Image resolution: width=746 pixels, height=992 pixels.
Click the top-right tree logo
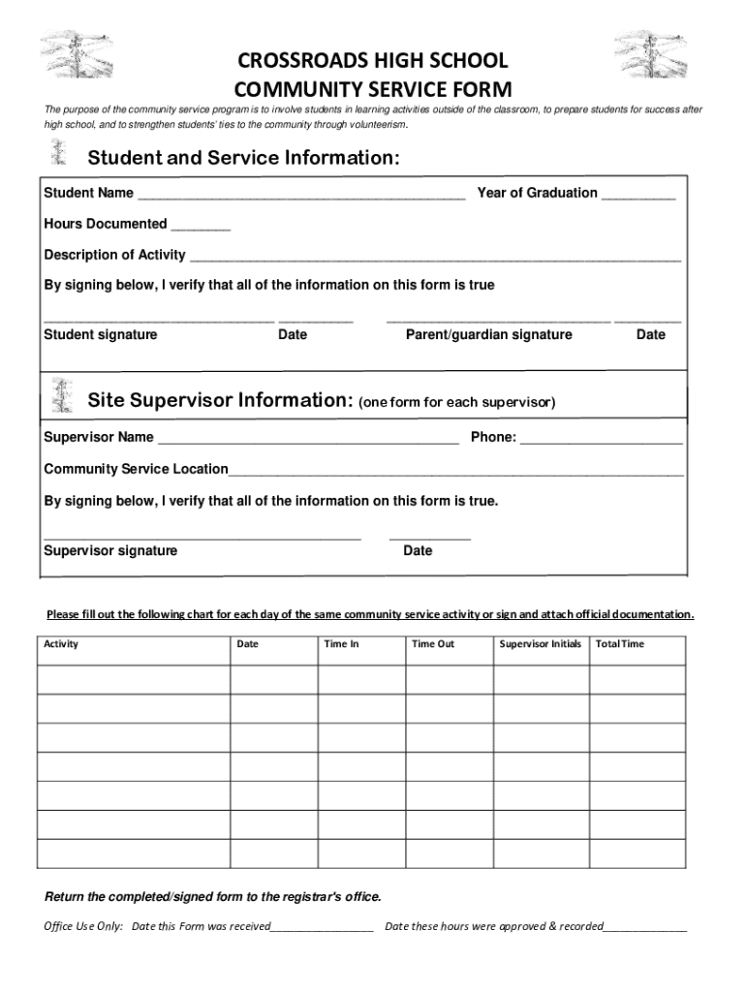[x=651, y=54]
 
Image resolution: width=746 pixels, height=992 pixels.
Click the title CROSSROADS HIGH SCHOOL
[x=372, y=61]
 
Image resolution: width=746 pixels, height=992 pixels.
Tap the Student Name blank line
[x=301, y=196]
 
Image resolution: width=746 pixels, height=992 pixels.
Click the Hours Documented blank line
[x=201, y=227]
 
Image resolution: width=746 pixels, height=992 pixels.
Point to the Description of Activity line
[x=435, y=258]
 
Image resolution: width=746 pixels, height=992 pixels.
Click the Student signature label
[x=101, y=334]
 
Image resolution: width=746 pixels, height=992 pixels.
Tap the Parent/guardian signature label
[x=488, y=334]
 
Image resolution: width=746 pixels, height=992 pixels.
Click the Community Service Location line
[x=455, y=473]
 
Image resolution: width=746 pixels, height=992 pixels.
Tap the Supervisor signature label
[x=110, y=550]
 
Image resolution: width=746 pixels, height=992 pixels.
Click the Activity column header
[x=61, y=643]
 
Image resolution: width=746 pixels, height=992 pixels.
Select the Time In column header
[x=341, y=643]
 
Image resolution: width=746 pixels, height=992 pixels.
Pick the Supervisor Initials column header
[x=540, y=643]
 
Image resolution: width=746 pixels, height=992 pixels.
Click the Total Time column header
[x=620, y=643]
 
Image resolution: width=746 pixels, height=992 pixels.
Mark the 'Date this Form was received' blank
[x=322, y=928]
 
